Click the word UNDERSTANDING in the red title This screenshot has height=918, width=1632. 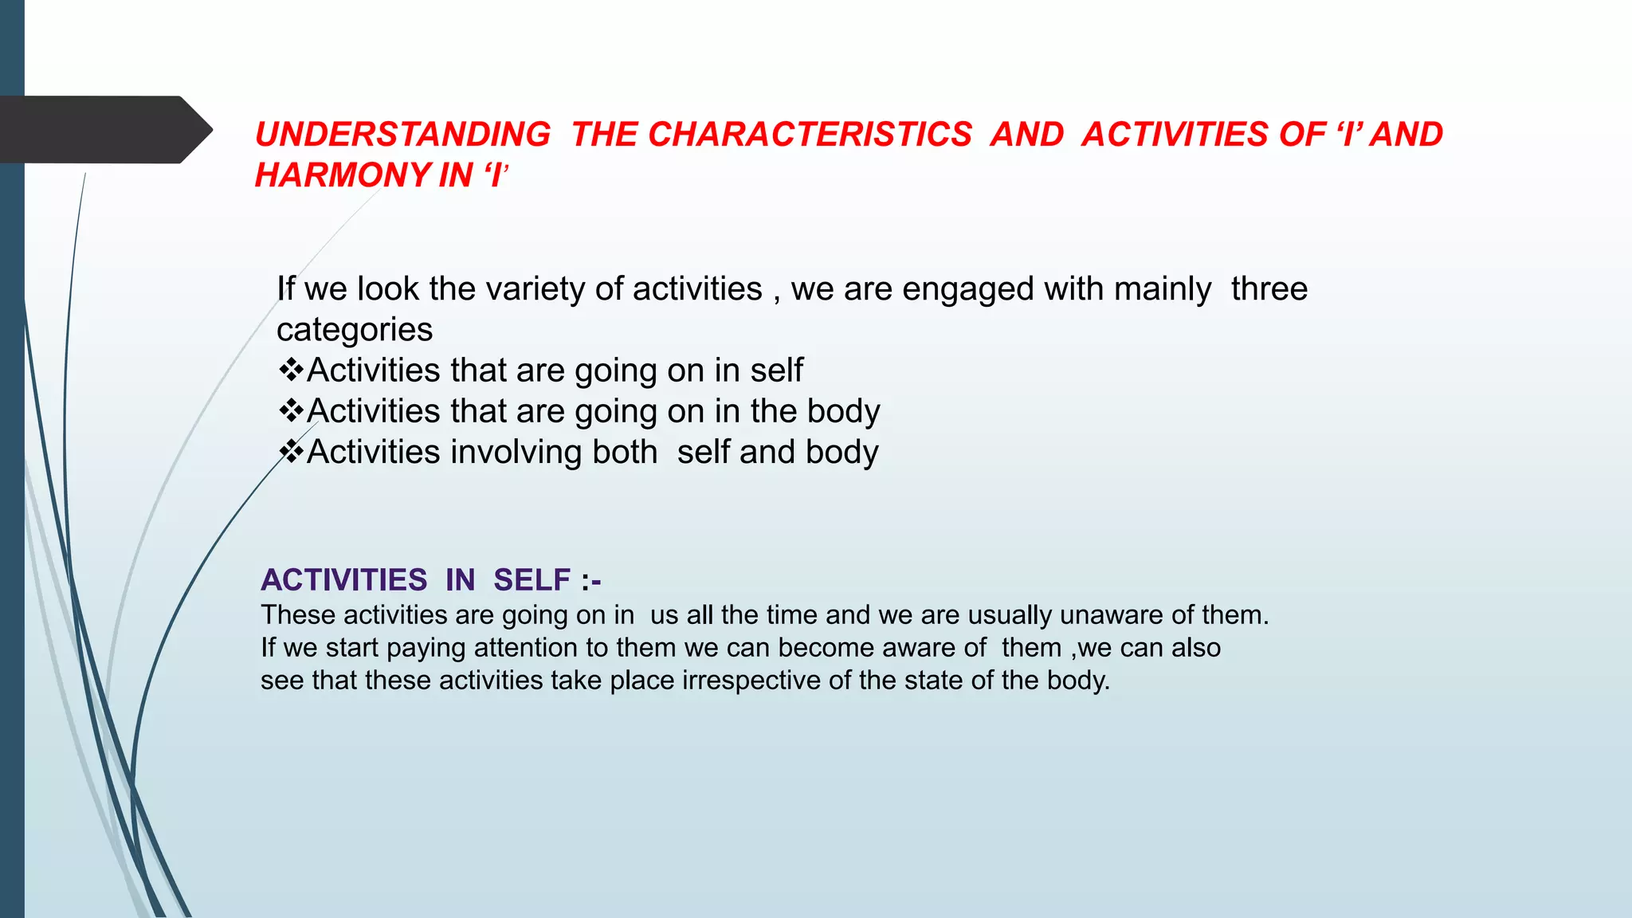click(402, 134)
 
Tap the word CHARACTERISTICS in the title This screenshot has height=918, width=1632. click(810, 134)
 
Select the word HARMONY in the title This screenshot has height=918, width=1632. click(342, 175)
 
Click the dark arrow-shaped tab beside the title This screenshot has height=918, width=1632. click(104, 129)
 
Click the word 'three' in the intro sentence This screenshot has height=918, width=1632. click(1269, 288)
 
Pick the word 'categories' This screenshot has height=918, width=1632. click(355, 330)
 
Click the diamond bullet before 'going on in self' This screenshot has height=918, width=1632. click(291, 370)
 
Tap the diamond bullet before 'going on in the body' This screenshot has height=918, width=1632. click(291, 410)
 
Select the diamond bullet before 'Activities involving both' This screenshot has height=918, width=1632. click(291, 452)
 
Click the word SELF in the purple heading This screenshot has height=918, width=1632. click(532, 580)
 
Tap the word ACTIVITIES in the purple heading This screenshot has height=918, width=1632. click(343, 580)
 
